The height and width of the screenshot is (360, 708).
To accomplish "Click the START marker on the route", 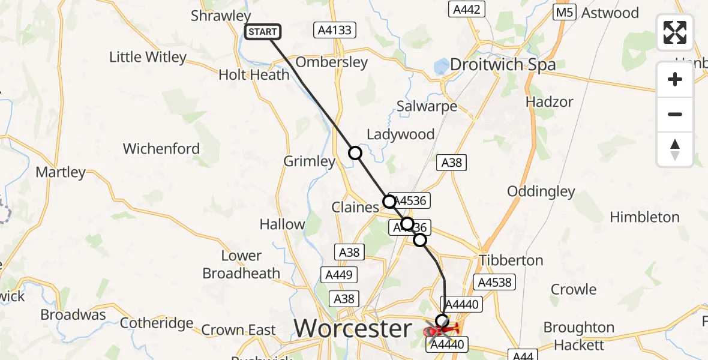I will click(x=263, y=32).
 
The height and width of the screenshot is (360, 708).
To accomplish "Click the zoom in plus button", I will click(x=675, y=79).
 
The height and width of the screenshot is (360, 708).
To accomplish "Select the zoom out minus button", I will click(x=675, y=114).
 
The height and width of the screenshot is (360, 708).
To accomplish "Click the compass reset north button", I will click(x=675, y=149).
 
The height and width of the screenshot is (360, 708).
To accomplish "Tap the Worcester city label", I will click(x=353, y=329).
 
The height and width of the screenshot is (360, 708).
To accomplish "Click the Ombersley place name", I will click(x=331, y=62).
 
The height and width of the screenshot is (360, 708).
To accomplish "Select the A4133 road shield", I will click(x=335, y=30).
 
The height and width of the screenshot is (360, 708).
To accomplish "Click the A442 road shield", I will click(x=466, y=9).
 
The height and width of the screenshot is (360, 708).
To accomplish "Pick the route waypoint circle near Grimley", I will click(x=355, y=153).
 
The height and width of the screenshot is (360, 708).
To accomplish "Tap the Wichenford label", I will click(x=161, y=148).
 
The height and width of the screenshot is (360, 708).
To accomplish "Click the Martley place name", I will click(x=61, y=172).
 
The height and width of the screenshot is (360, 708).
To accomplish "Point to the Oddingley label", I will click(x=541, y=191).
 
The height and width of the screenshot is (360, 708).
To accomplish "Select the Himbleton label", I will click(x=644, y=217).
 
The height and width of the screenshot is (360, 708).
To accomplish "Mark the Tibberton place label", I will click(x=511, y=260).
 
